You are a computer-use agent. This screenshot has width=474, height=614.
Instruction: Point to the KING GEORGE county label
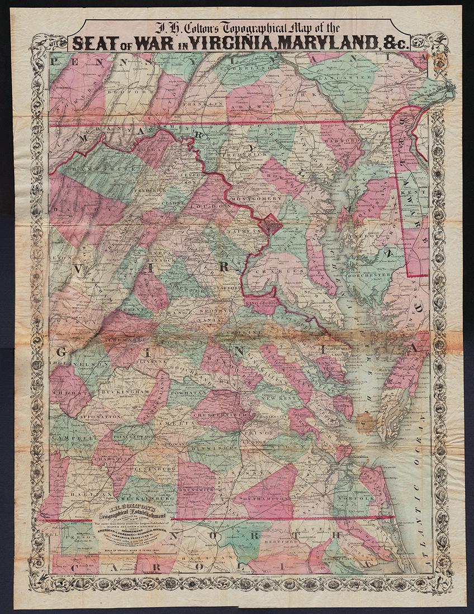coord(263,303)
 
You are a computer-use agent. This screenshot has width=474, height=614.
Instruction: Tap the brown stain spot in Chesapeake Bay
coord(366,423)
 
